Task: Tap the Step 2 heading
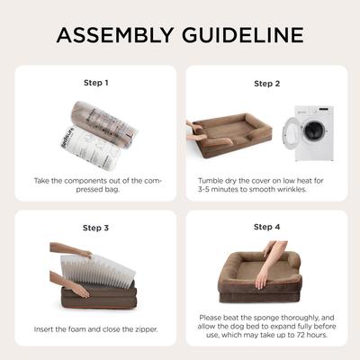[266, 84]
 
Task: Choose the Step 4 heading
[266, 227]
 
